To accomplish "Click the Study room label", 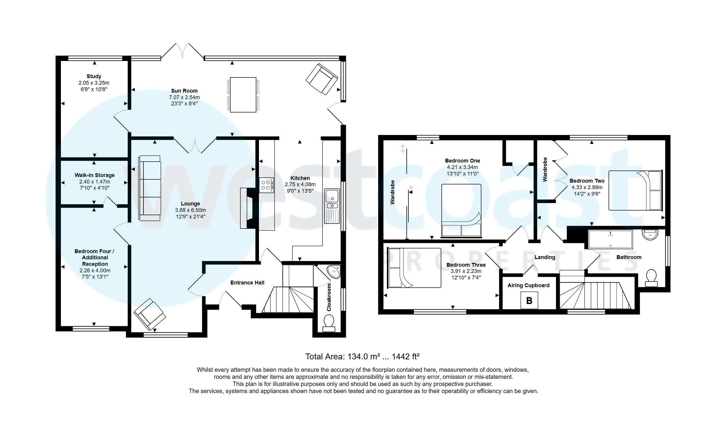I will pos(94,76).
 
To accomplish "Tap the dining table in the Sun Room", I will pos(243,95).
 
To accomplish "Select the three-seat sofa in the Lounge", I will pos(150,188).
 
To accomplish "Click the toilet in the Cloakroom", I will pos(329,324).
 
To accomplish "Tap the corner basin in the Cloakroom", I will pos(334,271).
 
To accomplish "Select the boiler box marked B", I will pos(529,301).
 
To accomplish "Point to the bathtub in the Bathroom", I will pos(610,239).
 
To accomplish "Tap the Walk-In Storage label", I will pos(95,175).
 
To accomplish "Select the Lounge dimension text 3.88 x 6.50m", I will pos(190,210).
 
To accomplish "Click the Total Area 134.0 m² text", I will pos(362,357).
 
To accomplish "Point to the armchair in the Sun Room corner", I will pos(322,79).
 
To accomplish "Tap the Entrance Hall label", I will pos(247,283).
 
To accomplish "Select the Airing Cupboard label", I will pos(529,285).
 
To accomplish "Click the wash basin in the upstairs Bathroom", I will pos(650,235).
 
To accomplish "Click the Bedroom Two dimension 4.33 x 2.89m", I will pos(587,187).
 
